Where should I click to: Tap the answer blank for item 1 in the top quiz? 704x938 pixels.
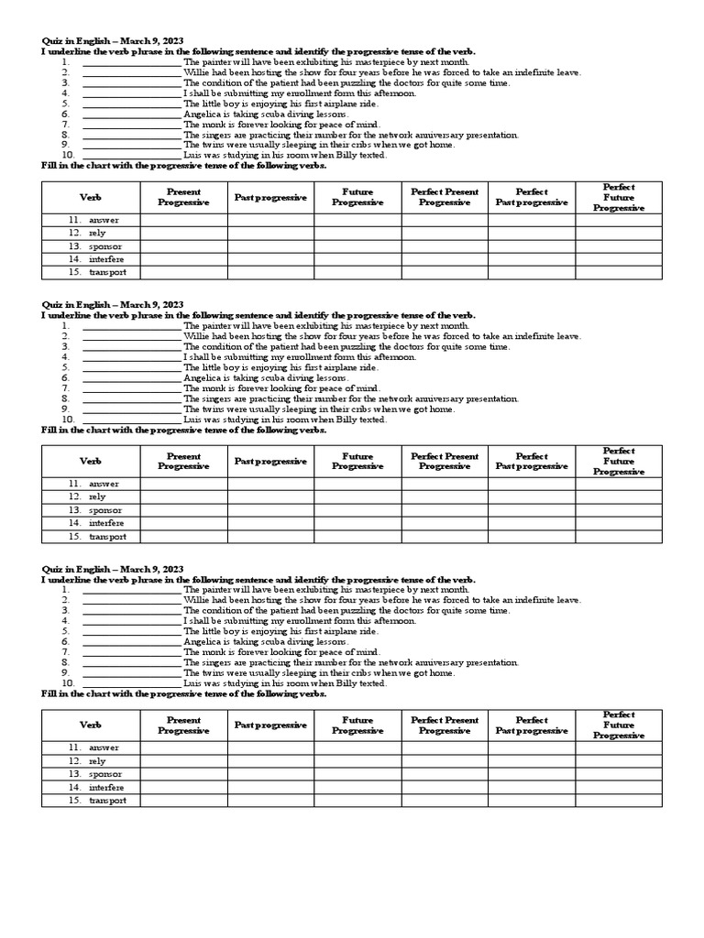click(x=131, y=62)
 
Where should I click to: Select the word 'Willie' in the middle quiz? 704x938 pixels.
click(x=196, y=336)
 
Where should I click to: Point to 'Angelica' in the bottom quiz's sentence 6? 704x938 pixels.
click(x=202, y=641)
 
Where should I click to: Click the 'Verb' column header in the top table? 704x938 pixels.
click(x=90, y=197)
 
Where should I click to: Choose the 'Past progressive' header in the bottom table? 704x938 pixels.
click(x=270, y=725)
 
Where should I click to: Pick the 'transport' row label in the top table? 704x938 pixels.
click(x=107, y=272)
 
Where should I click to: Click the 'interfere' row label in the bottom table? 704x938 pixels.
click(x=106, y=787)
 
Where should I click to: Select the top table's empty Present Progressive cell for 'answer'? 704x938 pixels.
click(x=183, y=220)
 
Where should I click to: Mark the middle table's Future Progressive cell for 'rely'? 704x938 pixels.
click(x=357, y=496)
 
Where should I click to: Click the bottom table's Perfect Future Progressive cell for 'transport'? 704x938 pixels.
click(x=619, y=801)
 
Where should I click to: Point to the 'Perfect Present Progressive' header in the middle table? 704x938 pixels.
click(x=445, y=461)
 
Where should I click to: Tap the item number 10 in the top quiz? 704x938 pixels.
click(x=67, y=156)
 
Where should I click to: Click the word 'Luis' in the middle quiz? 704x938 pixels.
click(x=192, y=420)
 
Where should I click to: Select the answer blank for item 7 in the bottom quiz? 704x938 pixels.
click(x=131, y=652)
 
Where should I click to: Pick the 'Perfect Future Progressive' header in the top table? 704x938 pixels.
click(x=619, y=197)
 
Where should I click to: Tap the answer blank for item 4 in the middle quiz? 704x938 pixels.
click(x=131, y=357)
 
